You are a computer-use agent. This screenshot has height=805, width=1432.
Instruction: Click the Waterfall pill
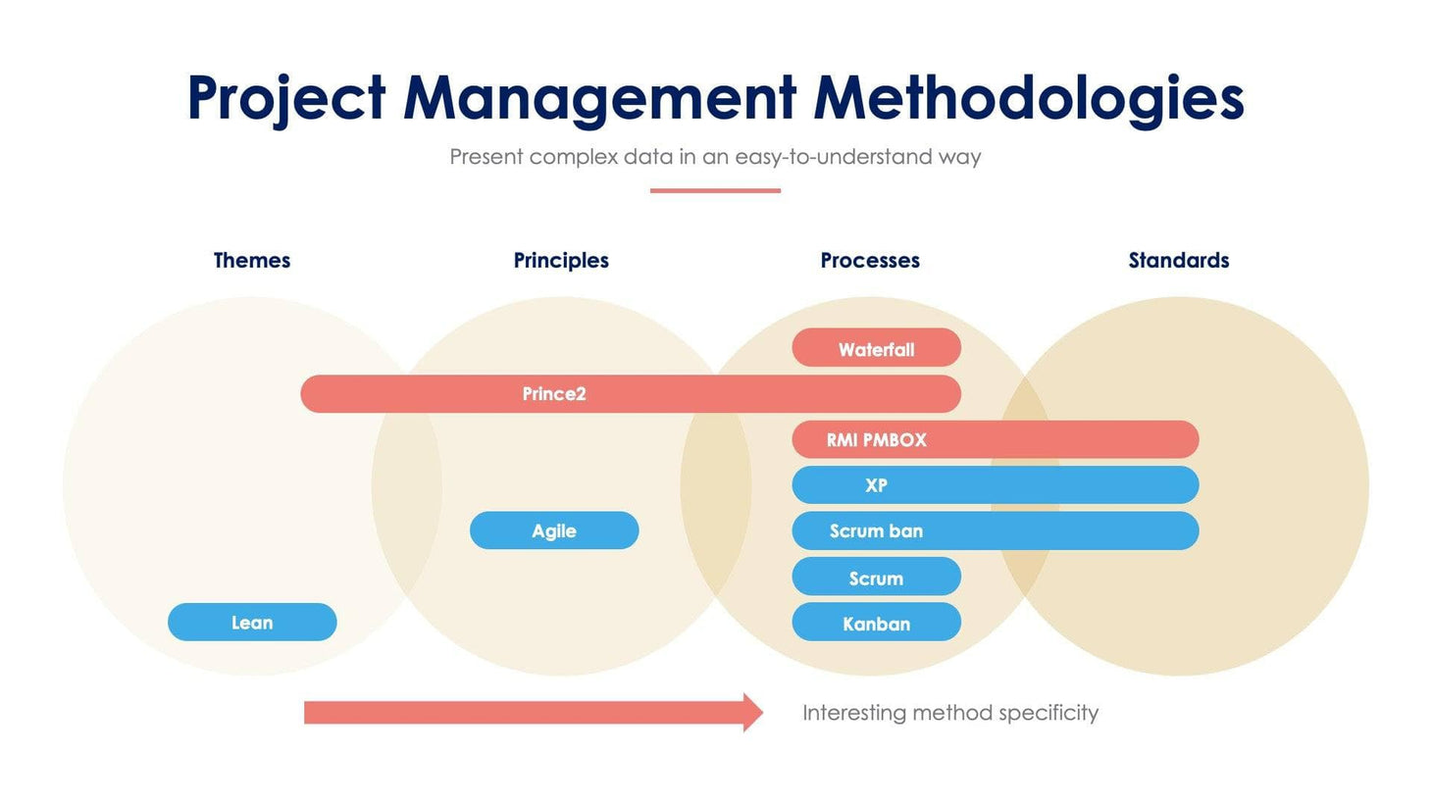[876, 348]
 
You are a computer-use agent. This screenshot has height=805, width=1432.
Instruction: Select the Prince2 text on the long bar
[553, 394]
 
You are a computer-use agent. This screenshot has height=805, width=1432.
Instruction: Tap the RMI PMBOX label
[876, 440]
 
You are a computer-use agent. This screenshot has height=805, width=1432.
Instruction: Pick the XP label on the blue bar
[876, 485]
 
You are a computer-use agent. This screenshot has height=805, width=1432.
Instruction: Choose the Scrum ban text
[876, 531]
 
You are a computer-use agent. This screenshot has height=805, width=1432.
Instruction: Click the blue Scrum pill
[876, 578]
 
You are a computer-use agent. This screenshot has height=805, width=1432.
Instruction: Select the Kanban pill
[876, 623]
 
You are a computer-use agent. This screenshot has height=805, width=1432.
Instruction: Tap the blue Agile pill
[554, 530]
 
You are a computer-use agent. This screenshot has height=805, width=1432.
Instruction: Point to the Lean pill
[252, 623]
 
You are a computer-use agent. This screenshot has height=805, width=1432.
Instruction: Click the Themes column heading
[252, 261]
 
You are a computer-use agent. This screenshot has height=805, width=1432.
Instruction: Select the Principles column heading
[561, 261]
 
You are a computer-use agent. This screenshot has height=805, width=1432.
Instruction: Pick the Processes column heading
[870, 261]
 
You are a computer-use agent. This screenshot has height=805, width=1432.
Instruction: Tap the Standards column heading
[1178, 261]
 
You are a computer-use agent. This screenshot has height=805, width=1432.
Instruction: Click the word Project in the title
[285, 99]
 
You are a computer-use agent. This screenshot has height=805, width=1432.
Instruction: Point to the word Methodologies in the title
[1028, 99]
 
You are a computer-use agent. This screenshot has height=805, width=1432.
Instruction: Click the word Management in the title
[599, 99]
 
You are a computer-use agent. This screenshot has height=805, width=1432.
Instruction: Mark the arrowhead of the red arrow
[752, 713]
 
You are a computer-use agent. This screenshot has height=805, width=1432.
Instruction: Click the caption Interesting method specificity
[949, 713]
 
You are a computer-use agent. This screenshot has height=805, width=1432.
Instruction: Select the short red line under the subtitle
[715, 190]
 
